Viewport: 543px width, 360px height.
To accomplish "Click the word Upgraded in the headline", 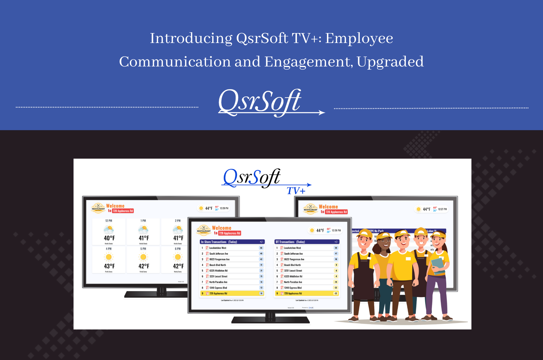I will pyautogui.click(x=390, y=62).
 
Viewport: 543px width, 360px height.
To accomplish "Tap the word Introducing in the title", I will pyautogui.click(x=191, y=38).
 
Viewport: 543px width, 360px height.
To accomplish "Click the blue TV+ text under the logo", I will pyautogui.click(x=296, y=191).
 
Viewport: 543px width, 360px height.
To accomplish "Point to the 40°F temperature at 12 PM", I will pyautogui.click(x=109, y=238).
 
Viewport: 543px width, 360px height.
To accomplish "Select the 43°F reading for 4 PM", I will pyautogui.click(x=109, y=266).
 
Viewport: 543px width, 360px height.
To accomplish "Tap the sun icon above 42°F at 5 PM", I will pyautogui.click(x=143, y=257).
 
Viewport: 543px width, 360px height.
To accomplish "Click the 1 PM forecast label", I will pyautogui.click(x=143, y=221).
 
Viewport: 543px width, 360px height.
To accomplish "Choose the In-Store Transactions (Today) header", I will pyautogui.click(x=219, y=242).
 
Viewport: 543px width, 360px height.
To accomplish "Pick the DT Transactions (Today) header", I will pyautogui.click(x=290, y=242).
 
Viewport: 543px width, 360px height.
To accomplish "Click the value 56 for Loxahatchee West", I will pyautogui.click(x=261, y=248).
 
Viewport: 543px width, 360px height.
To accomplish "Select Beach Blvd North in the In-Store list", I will pyautogui.click(x=217, y=265).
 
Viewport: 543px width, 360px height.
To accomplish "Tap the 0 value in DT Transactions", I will pyautogui.click(x=336, y=265).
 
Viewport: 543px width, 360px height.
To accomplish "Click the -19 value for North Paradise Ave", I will pyautogui.click(x=336, y=282).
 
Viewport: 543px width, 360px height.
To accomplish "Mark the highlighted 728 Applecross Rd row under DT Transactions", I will pyautogui.click(x=307, y=294).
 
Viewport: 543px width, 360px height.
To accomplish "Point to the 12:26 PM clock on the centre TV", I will pyautogui.click(x=336, y=230).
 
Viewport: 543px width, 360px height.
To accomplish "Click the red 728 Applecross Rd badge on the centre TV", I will pyautogui.click(x=229, y=233).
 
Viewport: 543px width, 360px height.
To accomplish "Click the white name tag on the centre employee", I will pyautogui.click(x=408, y=259).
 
